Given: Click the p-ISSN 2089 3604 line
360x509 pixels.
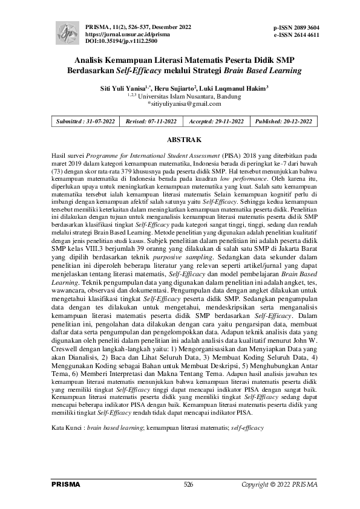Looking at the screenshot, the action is [x=296, y=28].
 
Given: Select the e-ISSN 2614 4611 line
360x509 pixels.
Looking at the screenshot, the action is [x=296, y=36].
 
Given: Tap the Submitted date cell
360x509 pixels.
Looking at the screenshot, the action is [x=85, y=122].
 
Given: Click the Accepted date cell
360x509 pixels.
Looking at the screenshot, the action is [x=215, y=122].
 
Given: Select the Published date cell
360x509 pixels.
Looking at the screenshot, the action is [x=284, y=122].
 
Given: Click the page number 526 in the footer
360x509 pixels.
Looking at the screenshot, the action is [x=188, y=485].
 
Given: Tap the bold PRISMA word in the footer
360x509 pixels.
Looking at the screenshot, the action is [x=66, y=485].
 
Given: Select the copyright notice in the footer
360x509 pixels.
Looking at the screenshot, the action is [x=280, y=485].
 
